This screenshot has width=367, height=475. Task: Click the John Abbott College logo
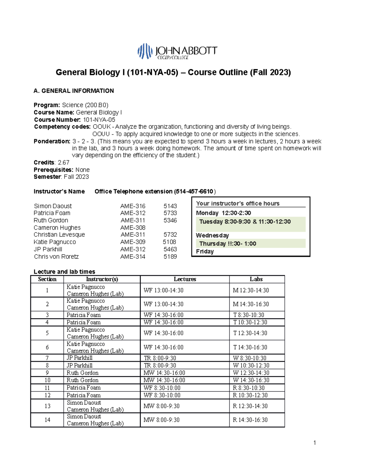[x=177, y=51]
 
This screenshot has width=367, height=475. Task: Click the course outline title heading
[x=173, y=72]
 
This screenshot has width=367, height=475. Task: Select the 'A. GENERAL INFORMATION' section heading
[x=74, y=91]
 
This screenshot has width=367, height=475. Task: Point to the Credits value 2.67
[x=64, y=162]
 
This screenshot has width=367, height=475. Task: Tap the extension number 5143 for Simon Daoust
[x=170, y=206]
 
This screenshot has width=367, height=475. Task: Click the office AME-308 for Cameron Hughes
[x=133, y=228]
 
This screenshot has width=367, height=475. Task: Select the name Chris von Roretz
[x=56, y=257]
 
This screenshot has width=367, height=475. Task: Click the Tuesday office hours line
[x=245, y=222]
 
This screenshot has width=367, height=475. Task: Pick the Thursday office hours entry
[x=228, y=244]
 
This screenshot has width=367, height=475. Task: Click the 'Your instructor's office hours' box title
[x=238, y=203]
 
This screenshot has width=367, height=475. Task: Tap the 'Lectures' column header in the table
[x=185, y=279]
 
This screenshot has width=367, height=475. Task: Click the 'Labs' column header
[x=256, y=279]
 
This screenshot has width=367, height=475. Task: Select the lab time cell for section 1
[x=251, y=290]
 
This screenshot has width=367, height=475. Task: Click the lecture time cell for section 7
[x=160, y=358]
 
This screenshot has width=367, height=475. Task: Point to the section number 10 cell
[x=47, y=380]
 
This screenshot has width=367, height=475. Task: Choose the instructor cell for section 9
[x=83, y=373]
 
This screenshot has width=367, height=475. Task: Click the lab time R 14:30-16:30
[x=250, y=420]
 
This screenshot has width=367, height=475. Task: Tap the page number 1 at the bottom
[x=315, y=443]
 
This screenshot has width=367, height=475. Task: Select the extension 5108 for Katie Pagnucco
[x=169, y=242]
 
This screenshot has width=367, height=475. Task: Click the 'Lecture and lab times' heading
[x=64, y=272]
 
